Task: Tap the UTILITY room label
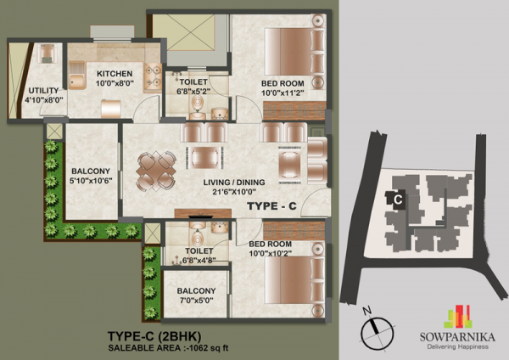click(42, 90)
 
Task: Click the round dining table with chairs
click(157, 168)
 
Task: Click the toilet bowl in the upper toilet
click(198, 105)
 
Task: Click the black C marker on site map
click(396, 198)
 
